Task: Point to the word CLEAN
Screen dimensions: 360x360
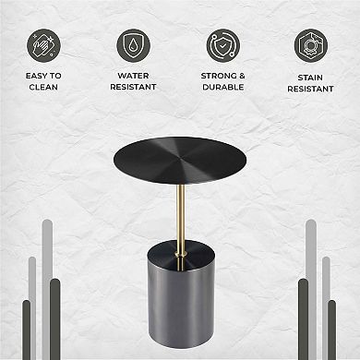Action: pyautogui.click(x=44, y=89)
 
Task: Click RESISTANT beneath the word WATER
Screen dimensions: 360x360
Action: pyautogui.click(x=134, y=88)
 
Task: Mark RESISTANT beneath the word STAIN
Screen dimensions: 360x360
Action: pyautogui.click(x=311, y=89)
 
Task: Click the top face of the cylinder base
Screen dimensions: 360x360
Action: pyautogui.click(x=180, y=247)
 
